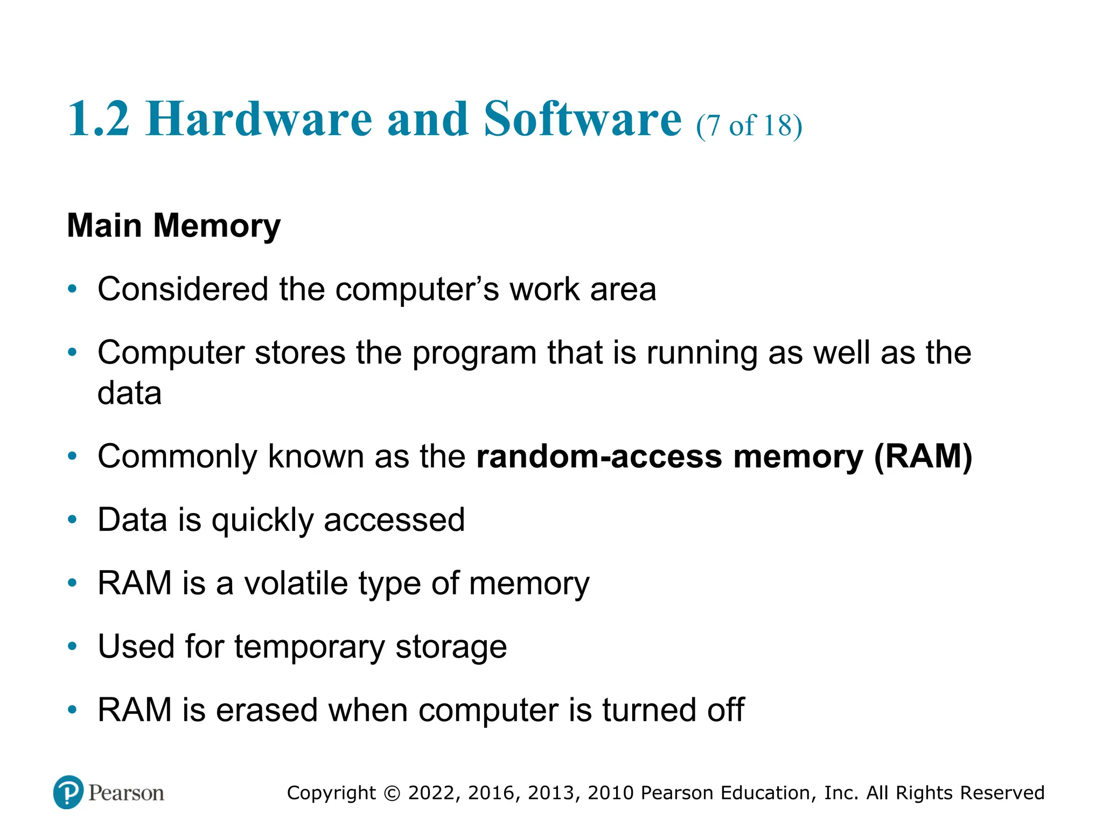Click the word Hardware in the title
pyautogui.click(x=259, y=119)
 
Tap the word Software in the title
pyautogui.click(x=583, y=119)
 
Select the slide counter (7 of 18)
pyautogui.click(x=749, y=125)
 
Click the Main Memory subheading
pyautogui.click(x=173, y=225)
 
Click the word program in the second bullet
pyautogui.click(x=474, y=354)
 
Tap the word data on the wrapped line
pyautogui.click(x=129, y=393)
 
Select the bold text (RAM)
pyautogui.click(x=923, y=457)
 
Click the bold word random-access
pyautogui.click(x=599, y=457)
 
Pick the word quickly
pyautogui.click(x=262, y=521)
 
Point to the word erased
pyautogui.click(x=267, y=710)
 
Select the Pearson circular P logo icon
pyautogui.click(x=68, y=793)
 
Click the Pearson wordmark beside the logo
pyautogui.click(x=126, y=793)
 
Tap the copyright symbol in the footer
pyautogui.click(x=392, y=793)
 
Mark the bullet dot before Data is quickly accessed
pyautogui.click(x=73, y=520)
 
